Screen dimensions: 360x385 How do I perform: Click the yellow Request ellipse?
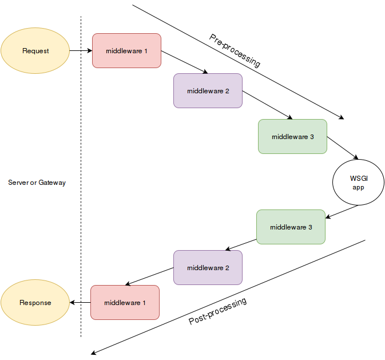(x=35, y=51)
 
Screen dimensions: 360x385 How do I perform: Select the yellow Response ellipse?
(x=35, y=303)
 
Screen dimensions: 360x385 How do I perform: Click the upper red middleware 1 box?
(x=126, y=51)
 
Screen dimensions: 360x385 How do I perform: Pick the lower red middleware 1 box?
(x=125, y=302)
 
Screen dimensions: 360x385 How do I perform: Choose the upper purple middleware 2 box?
(x=208, y=90)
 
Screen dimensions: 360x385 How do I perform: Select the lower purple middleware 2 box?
(x=208, y=267)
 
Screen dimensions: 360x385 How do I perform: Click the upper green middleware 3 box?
(x=292, y=136)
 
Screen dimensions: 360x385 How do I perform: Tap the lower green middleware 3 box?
(x=291, y=227)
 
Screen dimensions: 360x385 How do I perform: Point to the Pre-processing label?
(x=235, y=51)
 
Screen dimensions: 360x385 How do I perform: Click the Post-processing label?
(x=218, y=311)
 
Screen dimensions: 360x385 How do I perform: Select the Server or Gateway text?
(x=37, y=183)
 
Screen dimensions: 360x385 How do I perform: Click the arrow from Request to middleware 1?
(x=81, y=51)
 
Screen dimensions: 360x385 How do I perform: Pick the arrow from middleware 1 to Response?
(x=80, y=302)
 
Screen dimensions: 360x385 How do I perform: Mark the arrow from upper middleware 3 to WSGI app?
(x=343, y=148)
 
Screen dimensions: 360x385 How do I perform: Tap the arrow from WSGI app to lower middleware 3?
(x=342, y=212)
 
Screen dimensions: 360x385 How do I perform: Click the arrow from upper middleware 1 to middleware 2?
(x=184, y=62)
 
